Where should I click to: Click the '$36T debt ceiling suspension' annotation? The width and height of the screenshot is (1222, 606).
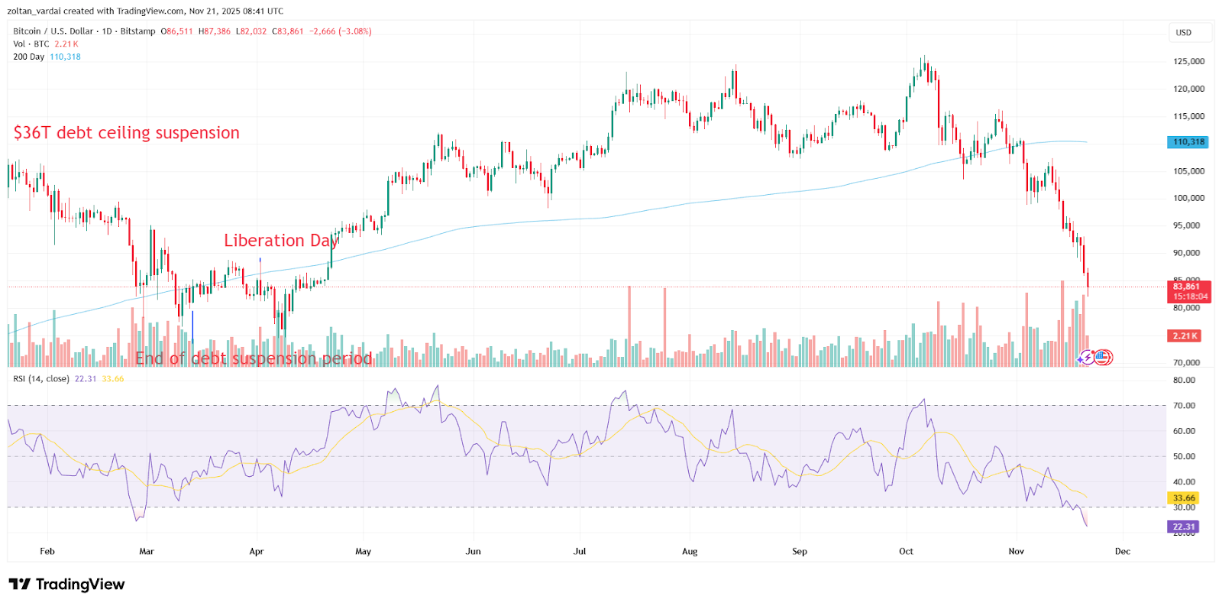[x=126, y=133]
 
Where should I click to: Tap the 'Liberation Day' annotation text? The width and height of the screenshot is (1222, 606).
[x=280, y=241]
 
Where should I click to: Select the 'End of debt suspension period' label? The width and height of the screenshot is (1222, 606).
[x=254, y=358]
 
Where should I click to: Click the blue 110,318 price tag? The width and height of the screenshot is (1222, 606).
[x=1188, y=142]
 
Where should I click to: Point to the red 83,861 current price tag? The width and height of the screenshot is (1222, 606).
[x=1188, y=291]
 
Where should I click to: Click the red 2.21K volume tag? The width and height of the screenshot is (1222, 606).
[x=1185, y=335]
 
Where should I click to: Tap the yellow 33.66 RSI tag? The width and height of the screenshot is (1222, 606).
[x=1183, y=497]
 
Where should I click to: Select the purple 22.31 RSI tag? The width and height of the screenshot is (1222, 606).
[x=1183, y=527]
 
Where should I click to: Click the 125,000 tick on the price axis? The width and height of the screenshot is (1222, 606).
[x=1188, y=61]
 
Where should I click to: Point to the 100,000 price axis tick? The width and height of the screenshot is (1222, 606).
[x=1188, y=198]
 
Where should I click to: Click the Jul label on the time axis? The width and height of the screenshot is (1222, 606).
[x=580, y=551]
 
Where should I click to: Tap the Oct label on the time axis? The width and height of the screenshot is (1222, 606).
[x=906, y=551]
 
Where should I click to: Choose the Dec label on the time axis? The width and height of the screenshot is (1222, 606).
[x=1122, y=551]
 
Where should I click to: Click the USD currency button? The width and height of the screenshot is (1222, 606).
[x=1183, y=33]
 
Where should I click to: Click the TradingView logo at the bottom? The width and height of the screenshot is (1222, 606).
[x=66, y=585]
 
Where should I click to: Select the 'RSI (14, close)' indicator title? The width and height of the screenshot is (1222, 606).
[x=41, y=379]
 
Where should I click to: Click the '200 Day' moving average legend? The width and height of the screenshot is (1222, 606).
[x=29, y=57]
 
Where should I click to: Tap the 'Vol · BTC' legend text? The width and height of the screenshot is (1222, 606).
[x=31, y=44]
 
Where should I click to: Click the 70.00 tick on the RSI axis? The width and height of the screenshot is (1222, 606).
[x=1184, y=406]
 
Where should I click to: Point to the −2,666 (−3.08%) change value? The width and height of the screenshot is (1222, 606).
[x=340, y=31]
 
